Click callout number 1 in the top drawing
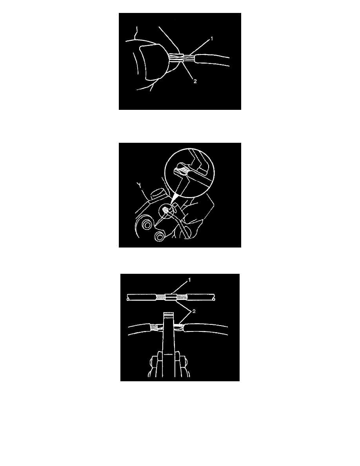[x=212, y=38]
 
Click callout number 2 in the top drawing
[x=195, y=81]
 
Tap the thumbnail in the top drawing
[x=154, y=62]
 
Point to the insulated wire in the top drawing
[x=211, y=60]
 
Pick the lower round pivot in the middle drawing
[x=160, y=236]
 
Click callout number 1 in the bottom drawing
[x=189, y=280]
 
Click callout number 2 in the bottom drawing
[x=194, y=311]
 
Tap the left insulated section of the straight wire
[x=142, y=297]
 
